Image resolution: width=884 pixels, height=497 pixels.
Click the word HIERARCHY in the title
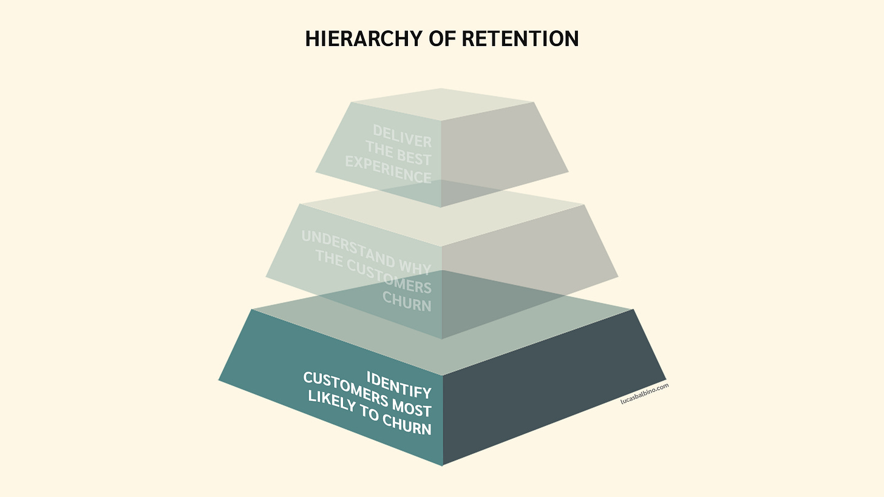[364, 39]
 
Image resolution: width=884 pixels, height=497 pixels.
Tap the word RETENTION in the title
[520, 39]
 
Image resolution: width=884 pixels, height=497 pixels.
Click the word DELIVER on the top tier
[402, 136]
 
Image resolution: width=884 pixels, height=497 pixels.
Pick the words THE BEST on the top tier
[398, 153]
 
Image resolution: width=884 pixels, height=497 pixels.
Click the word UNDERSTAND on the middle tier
[348, 248]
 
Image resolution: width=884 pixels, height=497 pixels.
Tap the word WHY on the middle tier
[415, 267]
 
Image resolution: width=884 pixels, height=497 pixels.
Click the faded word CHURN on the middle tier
[407, 302]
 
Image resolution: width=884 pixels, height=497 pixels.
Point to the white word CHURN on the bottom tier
[407, 425]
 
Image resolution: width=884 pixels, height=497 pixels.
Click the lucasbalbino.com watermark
[644, 393]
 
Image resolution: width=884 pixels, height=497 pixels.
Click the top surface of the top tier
[443, 104]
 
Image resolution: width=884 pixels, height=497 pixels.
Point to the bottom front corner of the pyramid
[443, 465]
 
